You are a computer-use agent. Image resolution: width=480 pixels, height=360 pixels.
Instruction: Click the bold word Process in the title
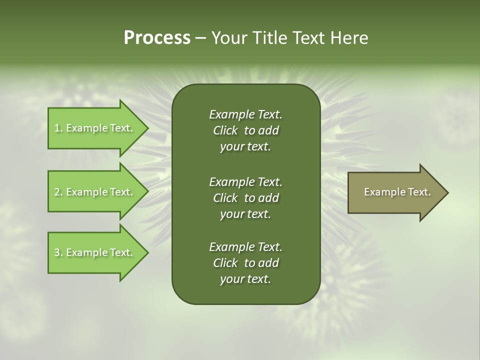157,38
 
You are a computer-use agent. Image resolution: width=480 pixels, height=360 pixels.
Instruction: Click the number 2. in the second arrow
58,192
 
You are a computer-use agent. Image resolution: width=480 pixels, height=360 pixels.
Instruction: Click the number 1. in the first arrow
58,128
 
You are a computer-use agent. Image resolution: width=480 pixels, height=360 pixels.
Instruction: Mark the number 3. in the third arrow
58,252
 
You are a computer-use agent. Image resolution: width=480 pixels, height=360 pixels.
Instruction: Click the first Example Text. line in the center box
245,114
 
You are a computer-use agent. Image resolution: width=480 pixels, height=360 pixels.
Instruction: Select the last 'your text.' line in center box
245,279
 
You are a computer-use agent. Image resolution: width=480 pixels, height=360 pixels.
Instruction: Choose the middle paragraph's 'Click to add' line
245,198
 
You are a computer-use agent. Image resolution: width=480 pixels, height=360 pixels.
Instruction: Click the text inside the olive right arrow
397,192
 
